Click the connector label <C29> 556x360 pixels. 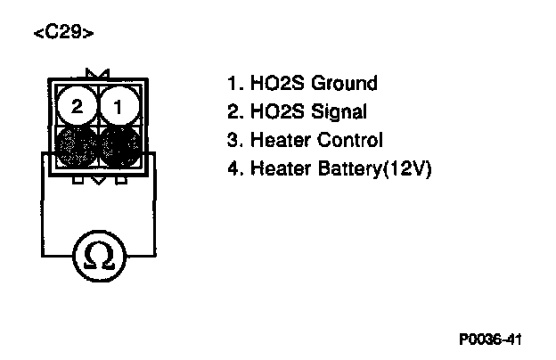tap(62, 34)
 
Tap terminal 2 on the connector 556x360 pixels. tap(78, 107)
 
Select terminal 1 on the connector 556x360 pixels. tap(116, 107)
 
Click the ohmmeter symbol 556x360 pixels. tap(97, 257)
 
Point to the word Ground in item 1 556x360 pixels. tap(342, 84)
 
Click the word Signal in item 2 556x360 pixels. tap(336, 112)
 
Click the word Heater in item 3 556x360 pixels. tap(279, 140)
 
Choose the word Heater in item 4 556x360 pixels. tap(279, 168)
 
